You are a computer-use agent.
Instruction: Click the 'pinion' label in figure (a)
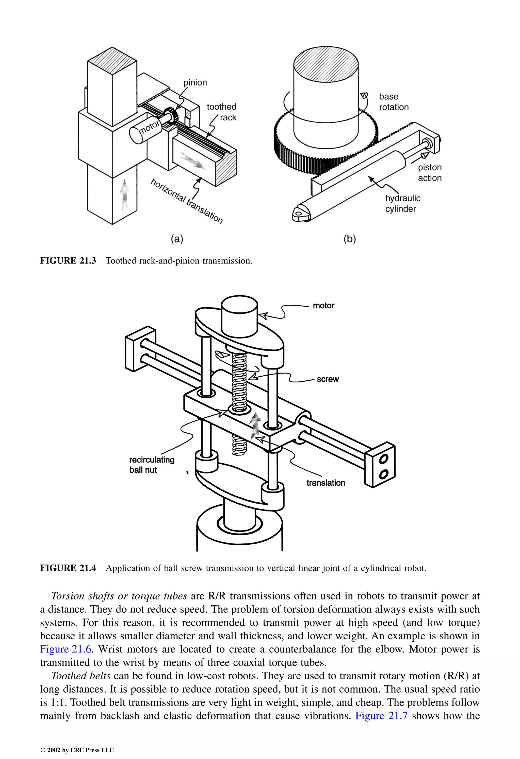tap(195, 83)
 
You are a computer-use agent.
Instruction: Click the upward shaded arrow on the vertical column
tap(124, 194)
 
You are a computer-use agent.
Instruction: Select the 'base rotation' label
tap(394, 102)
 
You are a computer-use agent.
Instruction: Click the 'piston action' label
tap(429, 172)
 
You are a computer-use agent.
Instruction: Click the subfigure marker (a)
tap(177, 239)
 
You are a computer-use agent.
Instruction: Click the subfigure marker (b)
tap(349, 239)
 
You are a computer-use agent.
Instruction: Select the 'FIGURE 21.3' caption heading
tap(68, 261)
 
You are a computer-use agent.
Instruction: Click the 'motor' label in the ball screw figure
tap(323, 306)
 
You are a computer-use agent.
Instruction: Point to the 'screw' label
tap(328, 379)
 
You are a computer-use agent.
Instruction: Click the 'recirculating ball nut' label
tap(152, 464)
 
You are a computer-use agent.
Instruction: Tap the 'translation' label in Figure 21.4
tap(326, 483)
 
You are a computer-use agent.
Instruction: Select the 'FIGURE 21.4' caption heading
tap(68, 568)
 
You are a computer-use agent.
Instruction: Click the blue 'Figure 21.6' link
tap(66, 649)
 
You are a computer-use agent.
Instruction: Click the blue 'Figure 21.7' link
tap(381, 716)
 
